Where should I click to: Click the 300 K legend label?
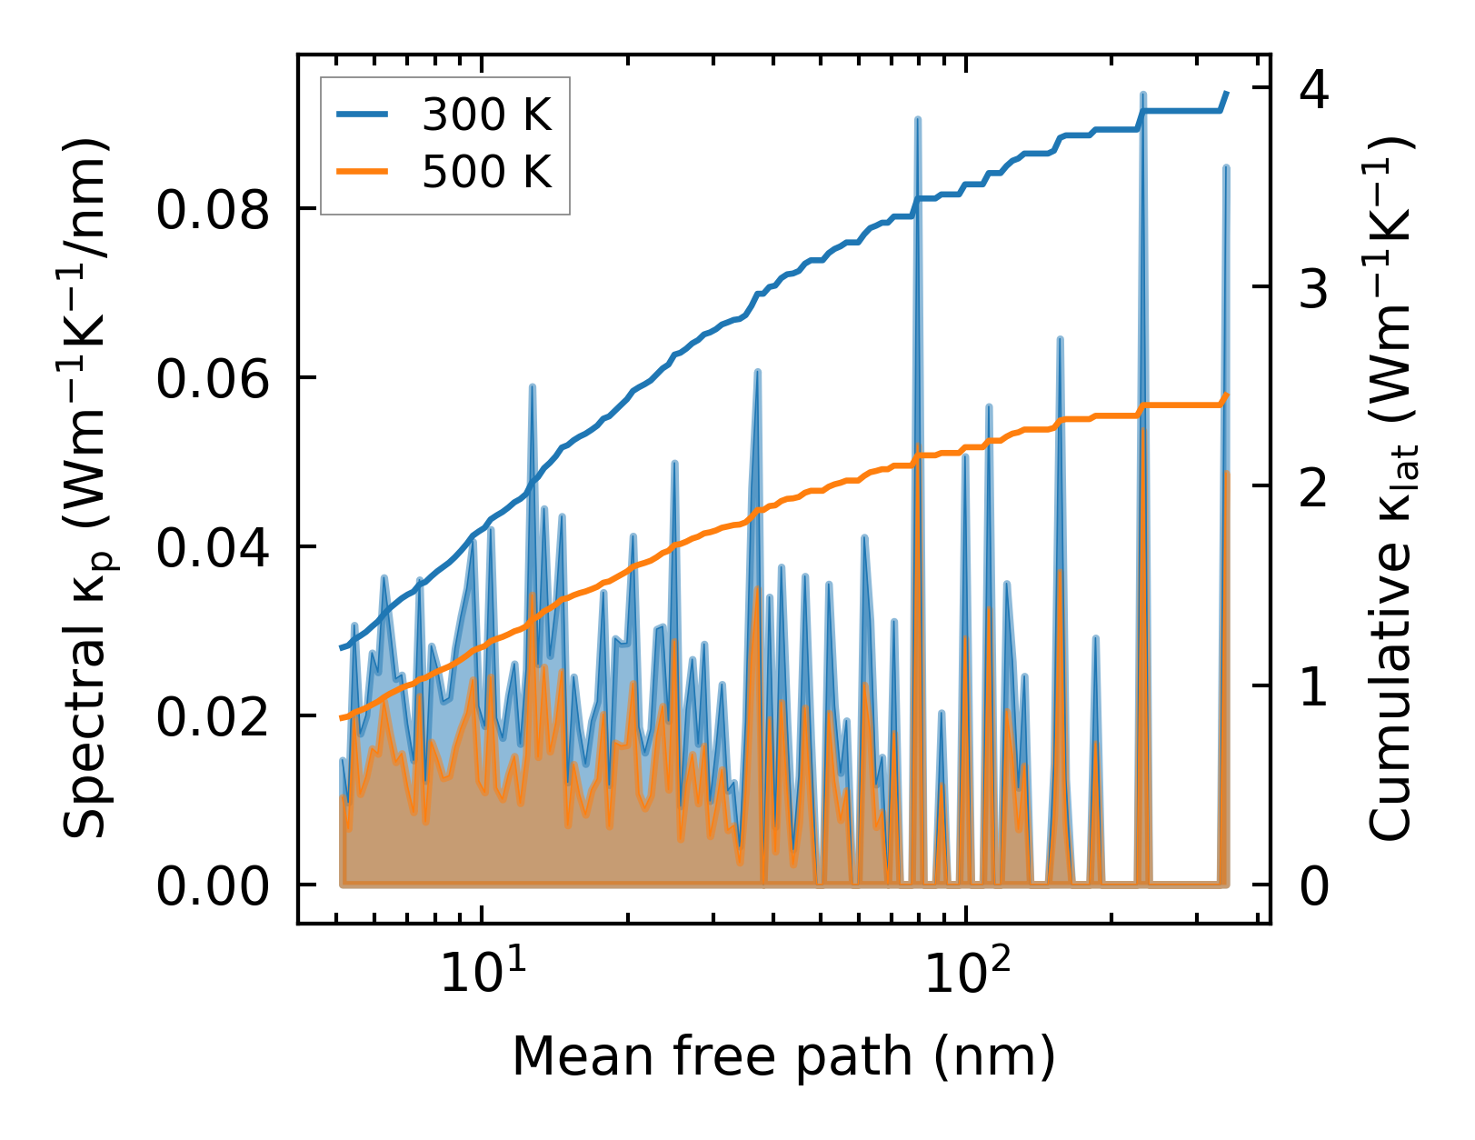[486, 115]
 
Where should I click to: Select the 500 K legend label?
[486, 171]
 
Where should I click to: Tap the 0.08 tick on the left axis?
[214, 211]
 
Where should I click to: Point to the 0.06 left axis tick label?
[214, 379]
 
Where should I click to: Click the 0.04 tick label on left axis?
[214, 548]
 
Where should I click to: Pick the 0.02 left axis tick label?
[214, 717]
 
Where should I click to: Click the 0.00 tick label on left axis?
[214, 886]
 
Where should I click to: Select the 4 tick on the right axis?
[1315, 89]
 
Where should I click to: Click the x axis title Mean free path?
[783, 1057]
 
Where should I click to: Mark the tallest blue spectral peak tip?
[1142, 95]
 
